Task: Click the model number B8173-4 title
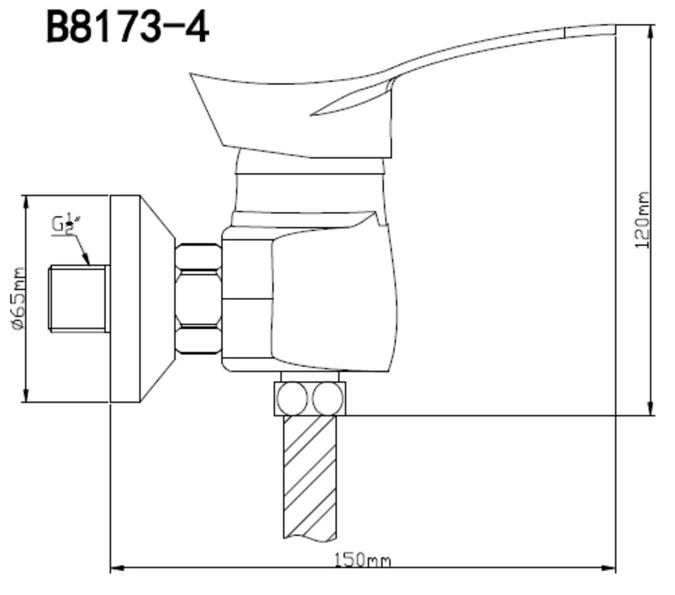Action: point(127,27)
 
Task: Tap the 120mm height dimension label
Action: point(642,220)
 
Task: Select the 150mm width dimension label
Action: point(363,560)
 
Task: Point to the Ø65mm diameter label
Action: point(19,299)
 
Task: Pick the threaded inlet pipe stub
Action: point(78,299)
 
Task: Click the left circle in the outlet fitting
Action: point(293,399)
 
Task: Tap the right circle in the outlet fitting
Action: point(328,399)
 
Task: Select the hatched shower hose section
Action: point(310,477)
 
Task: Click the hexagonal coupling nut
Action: point(198,299)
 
